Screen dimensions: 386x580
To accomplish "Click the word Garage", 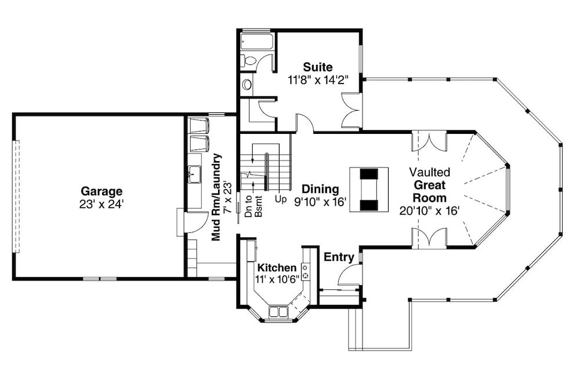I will (101, 191).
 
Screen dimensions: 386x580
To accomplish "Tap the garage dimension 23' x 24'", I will (101, 203).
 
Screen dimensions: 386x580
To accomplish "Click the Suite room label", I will (318, 67).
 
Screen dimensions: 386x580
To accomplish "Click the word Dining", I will (320, 189).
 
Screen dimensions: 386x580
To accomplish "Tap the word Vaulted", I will (429, 172).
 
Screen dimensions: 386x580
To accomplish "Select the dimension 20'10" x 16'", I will (429, 210).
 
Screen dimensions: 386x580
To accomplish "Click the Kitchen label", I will (277, 268).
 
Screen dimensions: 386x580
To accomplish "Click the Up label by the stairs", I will (281, 199).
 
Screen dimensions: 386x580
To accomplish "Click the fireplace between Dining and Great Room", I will (368, 189).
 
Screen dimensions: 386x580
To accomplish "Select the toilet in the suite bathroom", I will (250, 61).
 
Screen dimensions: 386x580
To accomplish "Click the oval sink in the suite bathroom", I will (247, 85).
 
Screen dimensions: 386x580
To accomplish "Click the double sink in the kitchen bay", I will (278, 312).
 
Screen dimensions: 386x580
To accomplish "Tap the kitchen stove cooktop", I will (305, 271).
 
